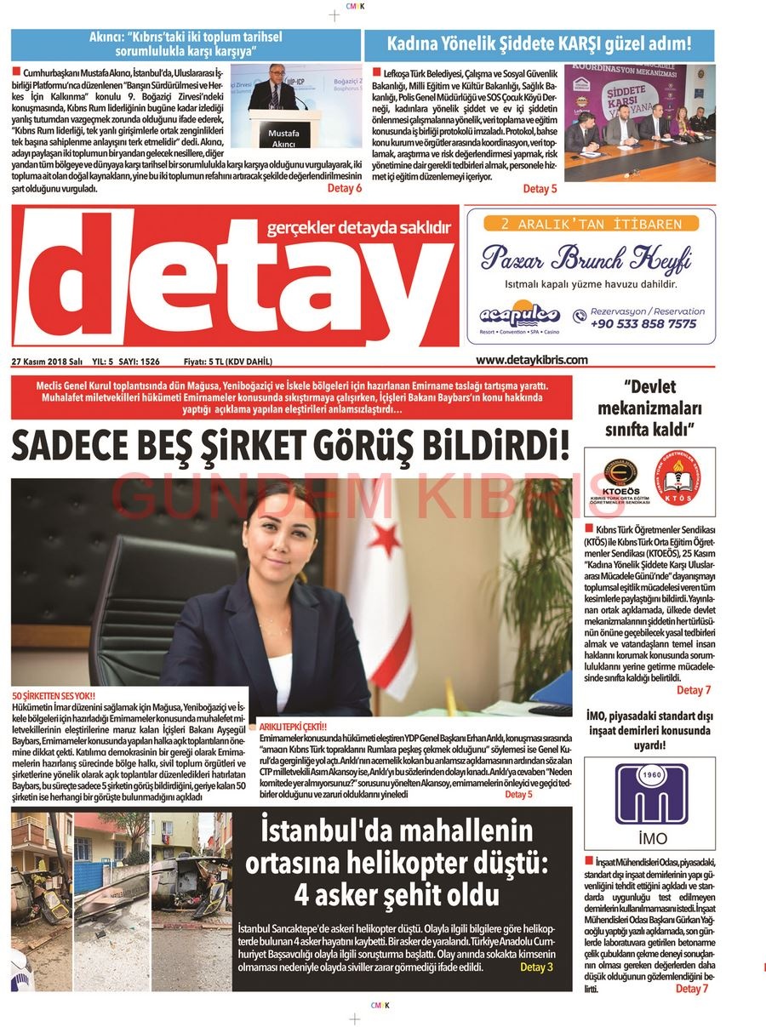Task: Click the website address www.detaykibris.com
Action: point(531,360)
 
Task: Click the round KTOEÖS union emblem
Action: point(620,479)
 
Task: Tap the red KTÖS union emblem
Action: point(677,479)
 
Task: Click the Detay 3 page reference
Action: point(536,967)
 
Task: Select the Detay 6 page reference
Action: point(344,188)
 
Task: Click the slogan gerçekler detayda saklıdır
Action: point(358,228)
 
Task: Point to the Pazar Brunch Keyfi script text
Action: point(586,257)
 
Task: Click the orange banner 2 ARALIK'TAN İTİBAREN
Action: point(591,224)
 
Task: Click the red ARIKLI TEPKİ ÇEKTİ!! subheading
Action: point(293,727)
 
